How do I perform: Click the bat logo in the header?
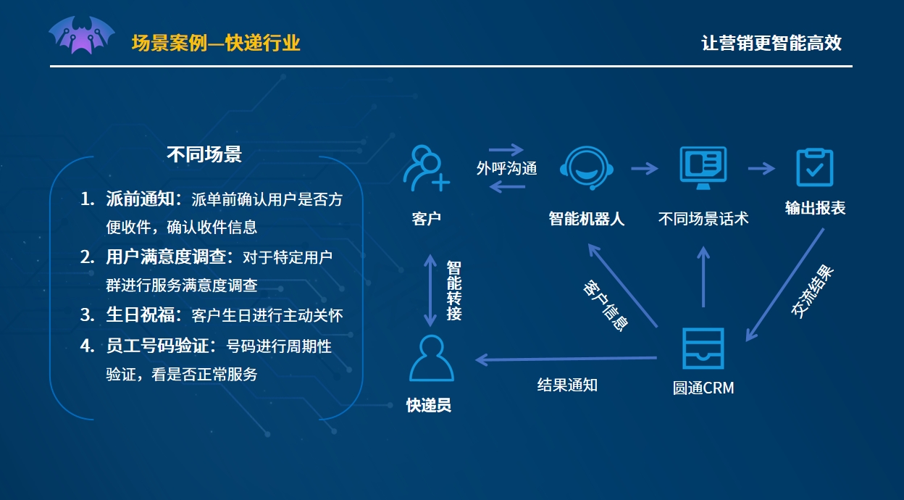[x=82, y=35]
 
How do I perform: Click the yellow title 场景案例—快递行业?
[x=216, y=43]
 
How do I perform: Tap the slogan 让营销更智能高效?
[x=771, y=43]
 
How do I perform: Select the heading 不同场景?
[x=204, y=154]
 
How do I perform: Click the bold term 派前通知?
[x=140, y=199]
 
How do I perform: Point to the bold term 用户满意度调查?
[x=165, y=257]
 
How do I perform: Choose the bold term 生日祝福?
[x=140, y=314]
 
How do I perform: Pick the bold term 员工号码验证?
[x=157, y=346]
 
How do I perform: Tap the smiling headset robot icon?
[x=587, y=167]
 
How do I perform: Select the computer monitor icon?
[x=703, y=167]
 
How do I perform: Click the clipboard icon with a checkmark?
[x=814, y=167]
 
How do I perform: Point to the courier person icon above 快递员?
[x=432, y=358]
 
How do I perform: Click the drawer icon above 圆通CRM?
[x=703, y=348]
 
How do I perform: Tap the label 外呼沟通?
[x=506, y=168]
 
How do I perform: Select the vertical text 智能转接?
[x=454, y=291]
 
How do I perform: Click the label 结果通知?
[x=567, y=385]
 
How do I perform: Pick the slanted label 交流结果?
[x=812, y=291]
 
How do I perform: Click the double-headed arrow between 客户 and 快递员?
[x=430, y=291]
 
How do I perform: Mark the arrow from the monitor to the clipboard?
[x=761, y=168]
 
